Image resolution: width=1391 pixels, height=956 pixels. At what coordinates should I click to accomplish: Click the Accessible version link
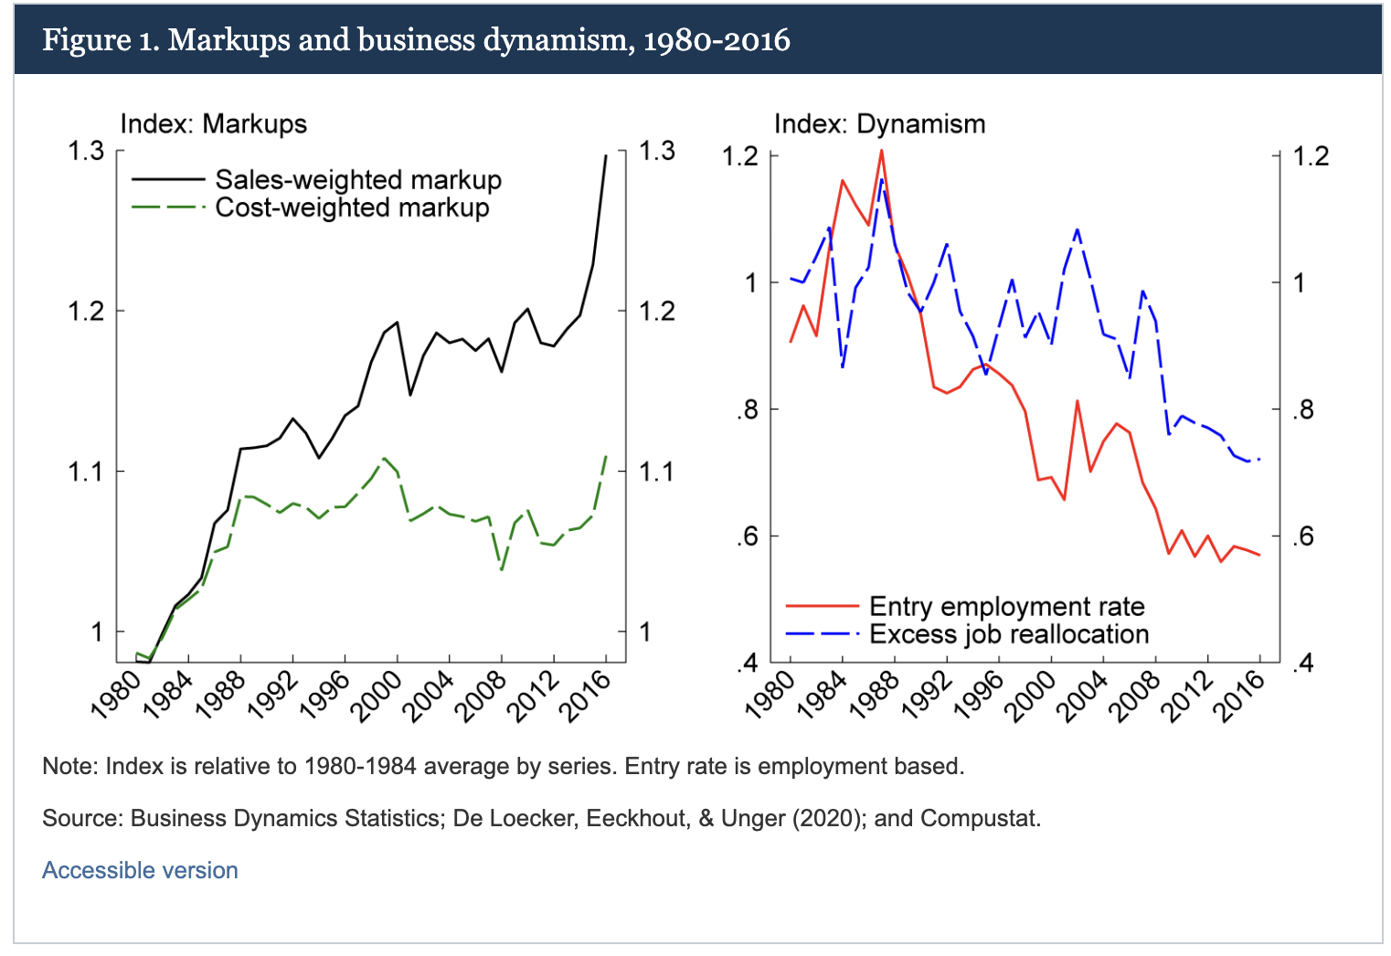coord(140,870)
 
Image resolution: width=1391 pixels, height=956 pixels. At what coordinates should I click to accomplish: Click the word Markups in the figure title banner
coord(228,40)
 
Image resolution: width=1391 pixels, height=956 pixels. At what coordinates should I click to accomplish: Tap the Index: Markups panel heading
coord(213,123)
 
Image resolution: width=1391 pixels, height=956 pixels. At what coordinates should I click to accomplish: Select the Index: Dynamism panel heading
coord(879,123)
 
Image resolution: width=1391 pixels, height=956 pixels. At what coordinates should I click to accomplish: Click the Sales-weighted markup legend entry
coord(357,180)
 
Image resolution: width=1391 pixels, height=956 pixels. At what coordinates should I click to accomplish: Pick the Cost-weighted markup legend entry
coord(352,207)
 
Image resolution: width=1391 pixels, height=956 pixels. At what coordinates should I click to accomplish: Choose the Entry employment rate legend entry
coord(1006,606)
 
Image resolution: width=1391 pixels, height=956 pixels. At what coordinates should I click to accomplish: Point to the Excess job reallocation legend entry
coord(1008,633)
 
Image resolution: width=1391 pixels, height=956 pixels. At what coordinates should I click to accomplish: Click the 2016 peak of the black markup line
coord(606,155)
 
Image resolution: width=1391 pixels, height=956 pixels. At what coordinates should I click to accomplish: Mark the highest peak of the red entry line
coord(881,150)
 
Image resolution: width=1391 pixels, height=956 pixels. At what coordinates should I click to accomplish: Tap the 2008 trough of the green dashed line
coord(502,568)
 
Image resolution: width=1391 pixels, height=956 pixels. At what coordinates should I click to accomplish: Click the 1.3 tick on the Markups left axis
coord(87,151)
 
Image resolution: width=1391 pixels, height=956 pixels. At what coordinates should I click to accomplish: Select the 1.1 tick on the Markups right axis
coord(655,472)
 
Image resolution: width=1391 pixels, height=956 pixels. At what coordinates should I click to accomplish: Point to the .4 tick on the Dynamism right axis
coord(1303,663)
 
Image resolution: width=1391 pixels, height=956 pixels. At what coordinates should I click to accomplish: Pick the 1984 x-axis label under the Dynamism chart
coord(821,696)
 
